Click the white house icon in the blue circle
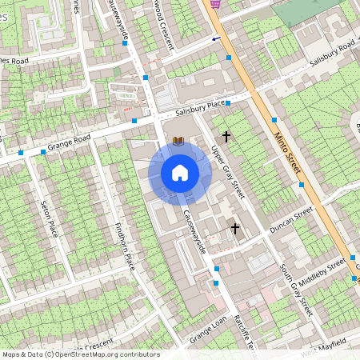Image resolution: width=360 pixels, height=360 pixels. tap(179, 172)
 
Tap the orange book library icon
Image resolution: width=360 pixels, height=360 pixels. tap(178, 141)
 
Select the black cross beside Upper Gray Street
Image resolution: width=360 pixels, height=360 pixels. tap(226, 137)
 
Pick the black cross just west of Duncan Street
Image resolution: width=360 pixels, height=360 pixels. tap(235, 229)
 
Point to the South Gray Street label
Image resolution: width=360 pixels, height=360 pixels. tap(294, 288)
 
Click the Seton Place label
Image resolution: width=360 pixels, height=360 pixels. tap(49, 218)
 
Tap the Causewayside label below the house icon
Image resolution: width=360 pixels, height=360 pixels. tap(194, 232)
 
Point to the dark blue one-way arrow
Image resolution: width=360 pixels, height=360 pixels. tap(216, 38)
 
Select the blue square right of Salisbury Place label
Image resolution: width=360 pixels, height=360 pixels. tap(228, 103)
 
